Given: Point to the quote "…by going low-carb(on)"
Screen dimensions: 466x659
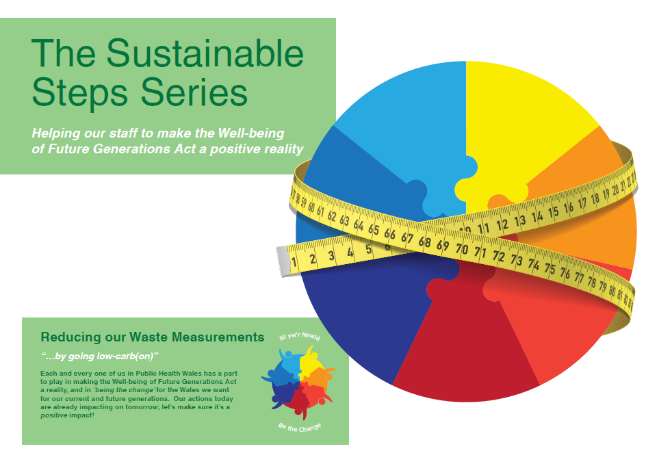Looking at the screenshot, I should click(99, 356).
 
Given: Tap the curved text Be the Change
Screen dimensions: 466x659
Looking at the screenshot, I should click(300, 428).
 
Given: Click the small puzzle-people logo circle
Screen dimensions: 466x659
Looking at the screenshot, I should click(299, 383).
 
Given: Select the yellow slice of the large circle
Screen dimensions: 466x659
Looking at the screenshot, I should click(527, 116).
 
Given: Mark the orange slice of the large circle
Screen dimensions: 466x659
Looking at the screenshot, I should click(602, 226).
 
